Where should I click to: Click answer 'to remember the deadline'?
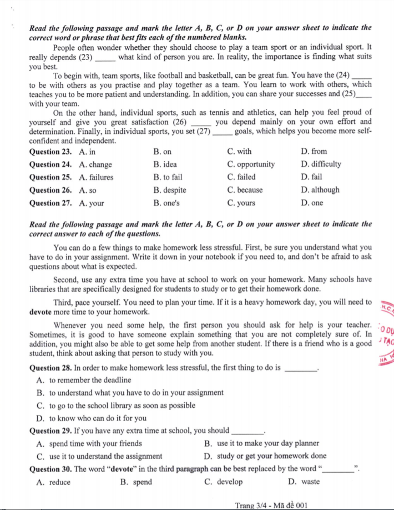coord(89,380)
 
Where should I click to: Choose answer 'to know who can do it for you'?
coord(97,418)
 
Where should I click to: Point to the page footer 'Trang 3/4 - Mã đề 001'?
coord(271,505)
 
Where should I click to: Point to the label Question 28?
coord(50,368)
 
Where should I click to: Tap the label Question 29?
coord(50,431)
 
